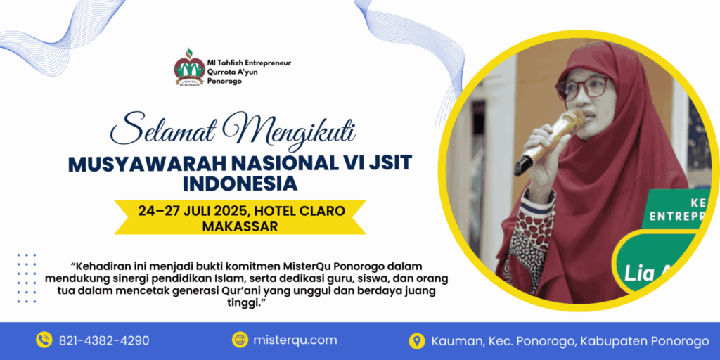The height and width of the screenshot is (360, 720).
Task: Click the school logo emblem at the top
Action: coord(188,67)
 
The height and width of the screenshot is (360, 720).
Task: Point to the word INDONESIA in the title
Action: coord(240,184)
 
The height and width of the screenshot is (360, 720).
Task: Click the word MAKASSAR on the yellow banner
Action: coord(240,226)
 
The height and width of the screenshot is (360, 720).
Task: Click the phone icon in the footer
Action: coord(44,340)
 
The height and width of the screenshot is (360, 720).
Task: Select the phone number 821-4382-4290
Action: coord(105,340)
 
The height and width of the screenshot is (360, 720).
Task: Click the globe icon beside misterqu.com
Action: coord(240,340)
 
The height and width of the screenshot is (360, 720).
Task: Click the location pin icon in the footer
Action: coord(417,341)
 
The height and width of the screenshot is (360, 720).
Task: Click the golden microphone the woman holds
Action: coord(549,141)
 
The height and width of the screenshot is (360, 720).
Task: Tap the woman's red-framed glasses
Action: coord(583,87)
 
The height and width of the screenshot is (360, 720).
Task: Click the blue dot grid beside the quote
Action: coord(26,278)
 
